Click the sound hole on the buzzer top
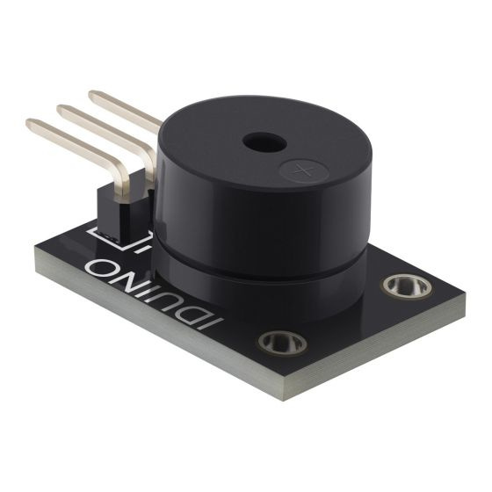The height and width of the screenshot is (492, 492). pyautogui.click(x=260, y=141)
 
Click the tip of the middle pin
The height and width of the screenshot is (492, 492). pyautogui.click(x=62, y=110)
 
